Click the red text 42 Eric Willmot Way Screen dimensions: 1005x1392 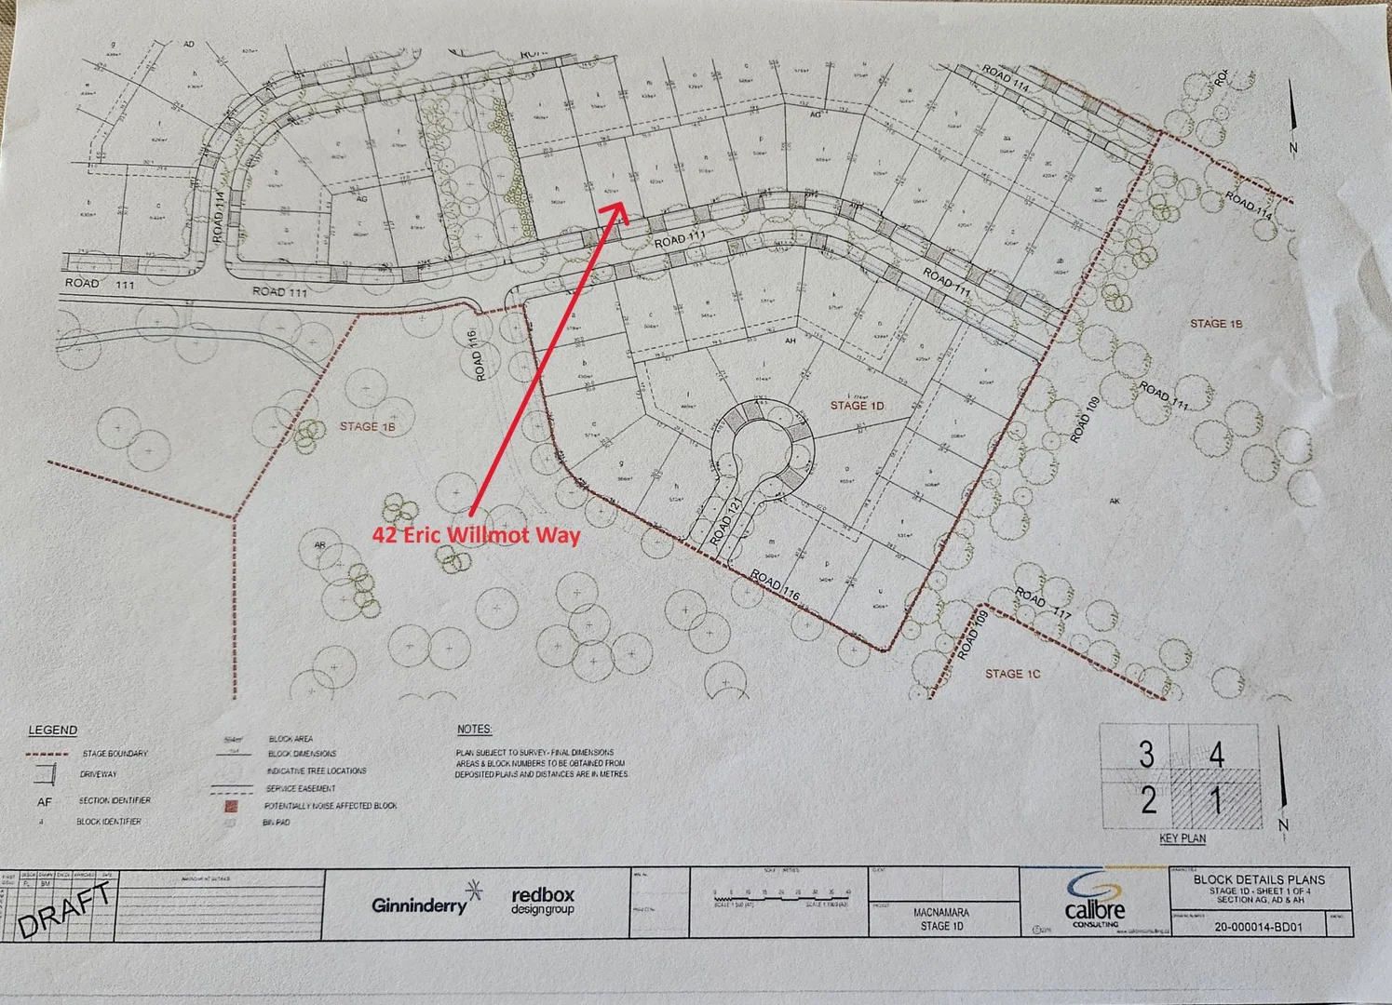pyautogui.click(x=476, y=535)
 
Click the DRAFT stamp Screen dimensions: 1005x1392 pyautogui.click(x=66, y=910)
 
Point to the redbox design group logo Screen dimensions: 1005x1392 pyautogui.click(x=543, y=901)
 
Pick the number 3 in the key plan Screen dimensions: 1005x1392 pyautogui.click(x=1146, y=755)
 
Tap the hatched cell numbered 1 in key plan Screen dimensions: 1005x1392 pyautogui.click(x=1216, y=799)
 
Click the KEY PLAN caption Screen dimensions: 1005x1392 pyautogui.click(x=1183, y=838)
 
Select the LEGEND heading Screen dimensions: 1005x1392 pyautogui.click(x=53, y=730)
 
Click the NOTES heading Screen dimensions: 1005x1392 pyautogui.click(x=474, y=730)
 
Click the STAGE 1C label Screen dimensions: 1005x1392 pyautogui.click(x=1012, y=674)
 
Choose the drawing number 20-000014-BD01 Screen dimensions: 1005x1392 pyautogui.click(x=1259, y=927)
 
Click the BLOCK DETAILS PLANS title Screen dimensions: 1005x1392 pyautogui.click(x=1259, y=878)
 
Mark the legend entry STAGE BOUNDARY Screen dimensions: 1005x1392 pyautogui.click(x=114, y=754)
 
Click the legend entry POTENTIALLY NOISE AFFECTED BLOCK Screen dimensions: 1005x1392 pyautogui.click(x=331, y=806)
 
